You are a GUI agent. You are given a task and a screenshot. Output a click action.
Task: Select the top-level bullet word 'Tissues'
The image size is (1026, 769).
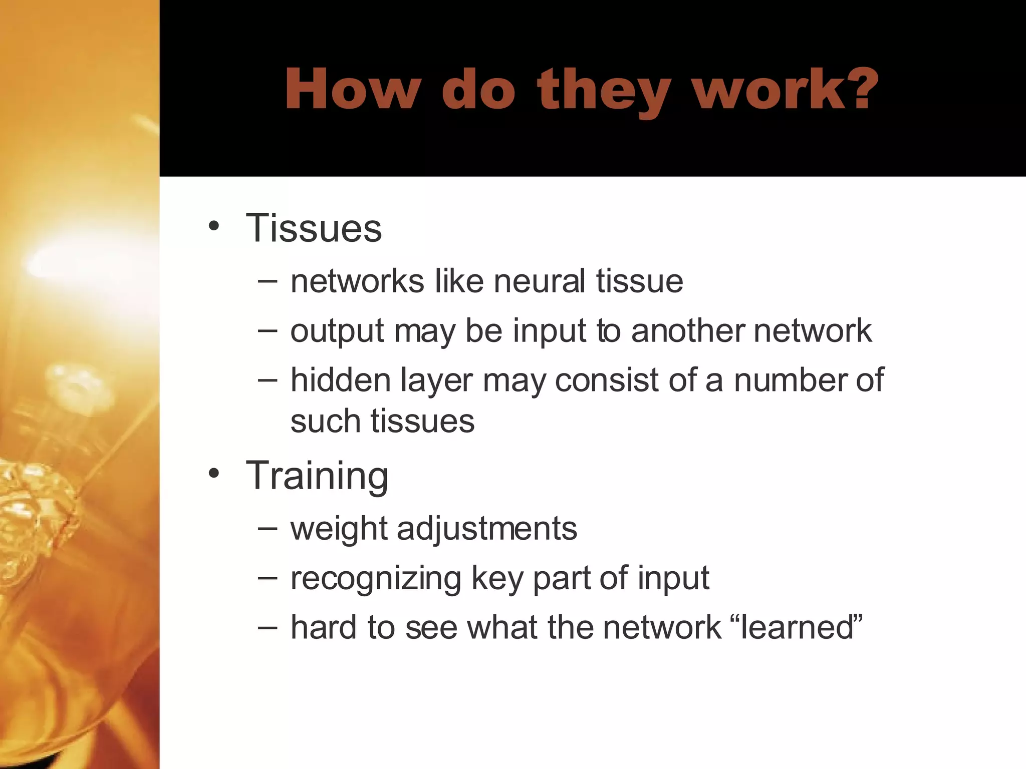tap(314, 228)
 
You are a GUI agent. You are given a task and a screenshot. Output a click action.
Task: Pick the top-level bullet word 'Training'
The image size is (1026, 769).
tap(317, 476)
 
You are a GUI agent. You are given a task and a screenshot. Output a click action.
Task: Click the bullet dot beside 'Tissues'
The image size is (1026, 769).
tap(214, 226)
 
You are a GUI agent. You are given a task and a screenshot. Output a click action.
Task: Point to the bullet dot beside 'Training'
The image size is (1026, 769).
tap(214, 473)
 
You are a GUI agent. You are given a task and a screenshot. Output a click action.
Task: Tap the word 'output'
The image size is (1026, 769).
tap(337, 331)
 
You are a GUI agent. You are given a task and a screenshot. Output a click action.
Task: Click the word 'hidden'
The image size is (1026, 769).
tap(341, 380)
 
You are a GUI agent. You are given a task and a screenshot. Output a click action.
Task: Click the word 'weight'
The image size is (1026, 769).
tap(339, 529)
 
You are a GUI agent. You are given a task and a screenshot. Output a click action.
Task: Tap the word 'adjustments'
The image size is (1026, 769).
tap(487, 529)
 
